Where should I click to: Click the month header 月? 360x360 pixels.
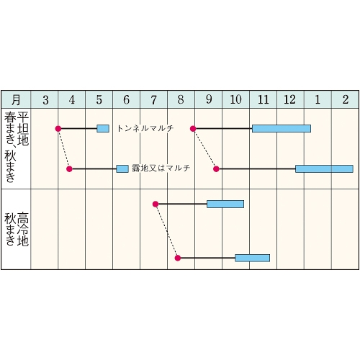click(16, 99)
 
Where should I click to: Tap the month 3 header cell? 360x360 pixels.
click(45, 99)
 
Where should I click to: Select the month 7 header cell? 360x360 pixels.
click(154, 99)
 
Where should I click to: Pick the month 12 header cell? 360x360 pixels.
click(291, 99)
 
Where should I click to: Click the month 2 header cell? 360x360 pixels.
click(346, 99)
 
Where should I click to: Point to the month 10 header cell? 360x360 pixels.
click(236, 99)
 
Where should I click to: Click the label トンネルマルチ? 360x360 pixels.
click(145, 129)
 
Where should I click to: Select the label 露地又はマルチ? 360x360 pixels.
click(161, 168)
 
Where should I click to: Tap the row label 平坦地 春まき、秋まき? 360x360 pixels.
click(17, 147)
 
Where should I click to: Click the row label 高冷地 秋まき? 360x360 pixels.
click(17, 229)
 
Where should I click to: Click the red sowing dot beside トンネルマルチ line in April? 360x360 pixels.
click(58, 129)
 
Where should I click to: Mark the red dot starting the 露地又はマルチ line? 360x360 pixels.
click(69, 169)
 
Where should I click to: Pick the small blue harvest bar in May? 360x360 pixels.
click(103, 129)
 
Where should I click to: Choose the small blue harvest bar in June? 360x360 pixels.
click(122, 169)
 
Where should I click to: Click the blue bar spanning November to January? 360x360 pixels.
click(282, 129)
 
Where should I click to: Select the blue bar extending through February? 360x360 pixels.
click(324, 169)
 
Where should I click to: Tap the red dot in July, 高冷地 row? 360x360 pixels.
click(156, 204)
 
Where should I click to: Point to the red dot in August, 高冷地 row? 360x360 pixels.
click(178, 258)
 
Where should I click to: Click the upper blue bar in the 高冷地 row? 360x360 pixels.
click(225, 204)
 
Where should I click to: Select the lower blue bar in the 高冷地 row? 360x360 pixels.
click(253, 258)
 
